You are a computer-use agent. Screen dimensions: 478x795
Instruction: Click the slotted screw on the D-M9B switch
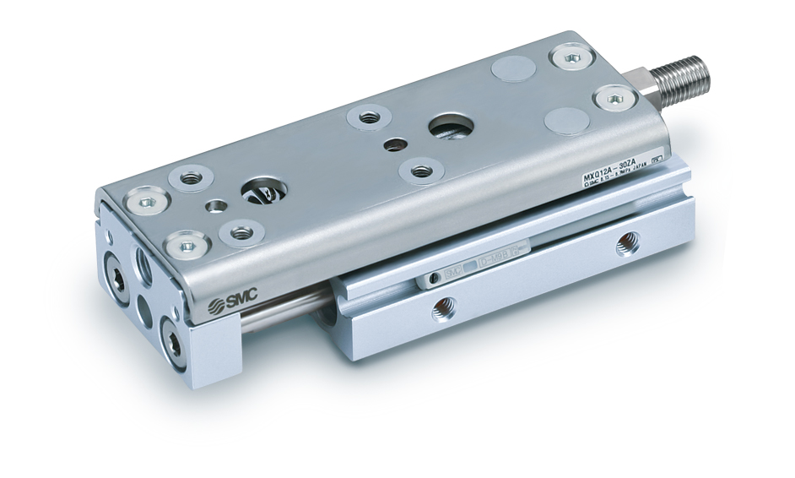(432, 278)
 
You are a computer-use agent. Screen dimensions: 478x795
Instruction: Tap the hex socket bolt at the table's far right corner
(566, 58)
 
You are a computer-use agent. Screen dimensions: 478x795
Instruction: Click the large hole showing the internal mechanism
(257, 192)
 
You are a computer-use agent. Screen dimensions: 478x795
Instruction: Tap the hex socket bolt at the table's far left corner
(145, 203)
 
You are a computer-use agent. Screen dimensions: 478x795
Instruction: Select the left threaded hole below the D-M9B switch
(441, 312)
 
